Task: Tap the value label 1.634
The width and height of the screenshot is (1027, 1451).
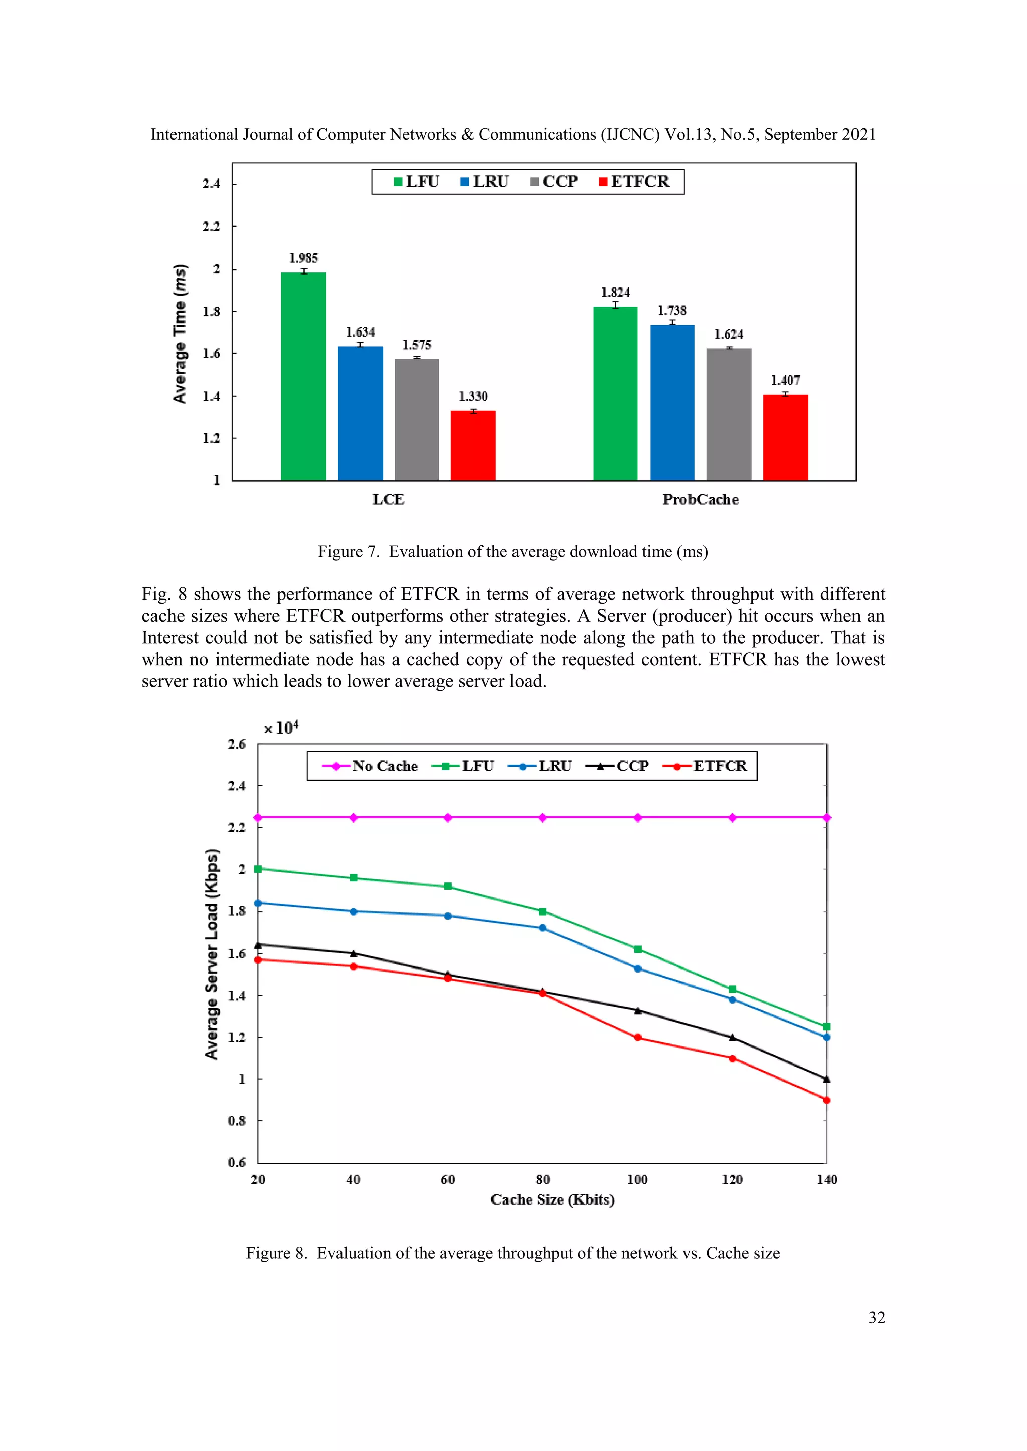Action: [360, 332]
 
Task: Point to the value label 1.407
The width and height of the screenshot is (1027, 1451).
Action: [785, 380]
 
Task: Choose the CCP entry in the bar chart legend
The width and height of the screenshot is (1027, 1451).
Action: [554, 182]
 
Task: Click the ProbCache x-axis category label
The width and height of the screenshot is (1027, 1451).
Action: [700, 499]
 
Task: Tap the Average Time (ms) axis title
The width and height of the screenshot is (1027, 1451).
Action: [180, 333]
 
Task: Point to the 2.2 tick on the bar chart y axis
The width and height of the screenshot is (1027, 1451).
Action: [211, 226]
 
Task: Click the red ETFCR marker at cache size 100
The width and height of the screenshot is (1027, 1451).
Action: [637, 1038]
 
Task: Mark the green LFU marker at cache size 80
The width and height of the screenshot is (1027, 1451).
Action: [543, 912]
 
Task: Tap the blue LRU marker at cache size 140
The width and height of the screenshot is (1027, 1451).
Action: [826, 1037]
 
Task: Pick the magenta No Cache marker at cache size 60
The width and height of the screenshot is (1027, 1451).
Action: [448, 818]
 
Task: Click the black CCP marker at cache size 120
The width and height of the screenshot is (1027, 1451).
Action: [732, 1037]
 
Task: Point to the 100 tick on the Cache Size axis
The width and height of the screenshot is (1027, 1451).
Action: [637, 1180]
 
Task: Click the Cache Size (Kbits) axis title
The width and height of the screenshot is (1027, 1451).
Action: [552, 1200]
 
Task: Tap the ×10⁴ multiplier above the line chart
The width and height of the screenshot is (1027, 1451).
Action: [281, 728]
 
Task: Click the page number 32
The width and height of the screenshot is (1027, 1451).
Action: [877, 1318]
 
